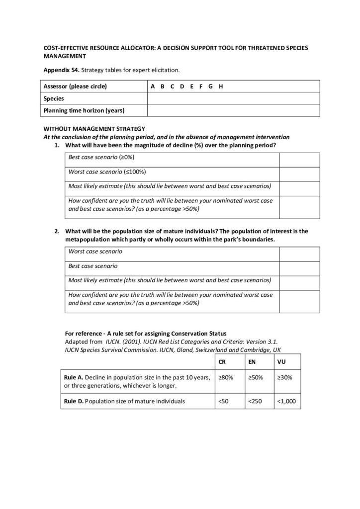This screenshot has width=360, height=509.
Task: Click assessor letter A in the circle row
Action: coord(153,86)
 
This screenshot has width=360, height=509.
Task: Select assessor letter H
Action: coord(220,86)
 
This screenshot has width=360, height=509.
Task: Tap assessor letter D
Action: coord(182,86)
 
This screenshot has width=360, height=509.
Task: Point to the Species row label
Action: coord(54,98)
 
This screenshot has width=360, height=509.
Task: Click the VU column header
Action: coord(281,362)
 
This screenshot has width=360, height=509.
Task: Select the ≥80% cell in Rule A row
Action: coord(225,378)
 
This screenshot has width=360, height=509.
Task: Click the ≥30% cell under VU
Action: coord(285,378)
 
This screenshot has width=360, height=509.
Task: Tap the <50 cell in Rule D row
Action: coord(223,401)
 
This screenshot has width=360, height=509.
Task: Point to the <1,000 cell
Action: coord(286,401)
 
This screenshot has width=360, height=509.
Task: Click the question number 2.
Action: coord(57,231)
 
